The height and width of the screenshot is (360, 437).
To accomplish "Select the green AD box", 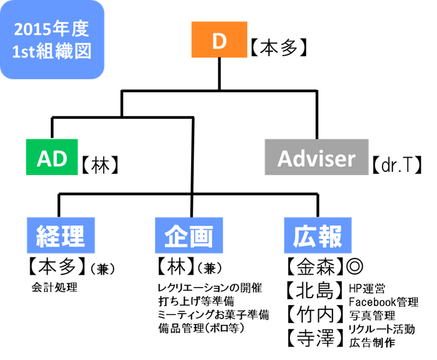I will point(52,158).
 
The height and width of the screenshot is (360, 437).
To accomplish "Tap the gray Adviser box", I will point(316,159).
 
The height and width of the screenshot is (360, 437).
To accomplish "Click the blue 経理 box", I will point(61,236).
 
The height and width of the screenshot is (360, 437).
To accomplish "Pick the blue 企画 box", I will point(189,236).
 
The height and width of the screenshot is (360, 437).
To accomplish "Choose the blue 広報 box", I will point(317,236).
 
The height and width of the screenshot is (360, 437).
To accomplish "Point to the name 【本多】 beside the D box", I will point(279,48).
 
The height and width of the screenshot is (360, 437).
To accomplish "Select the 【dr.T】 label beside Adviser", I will point(397,165).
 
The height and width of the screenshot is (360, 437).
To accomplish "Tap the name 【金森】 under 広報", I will point(314,267).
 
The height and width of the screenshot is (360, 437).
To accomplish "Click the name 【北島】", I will point(314,289).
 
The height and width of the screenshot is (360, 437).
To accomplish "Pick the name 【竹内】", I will point(314,314).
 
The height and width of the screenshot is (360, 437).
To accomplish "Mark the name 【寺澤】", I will point(314,338).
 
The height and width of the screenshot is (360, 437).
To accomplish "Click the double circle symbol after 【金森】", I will point(355,267).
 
